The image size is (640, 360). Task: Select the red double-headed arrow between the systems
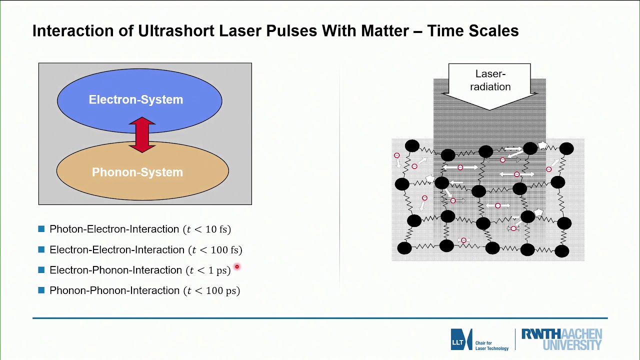(x=142, y=134)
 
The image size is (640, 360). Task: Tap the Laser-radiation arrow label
(x=489, y=81)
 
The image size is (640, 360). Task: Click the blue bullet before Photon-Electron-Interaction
(x=41, y=229)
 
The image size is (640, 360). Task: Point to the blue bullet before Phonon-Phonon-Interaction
(x=41, y=290)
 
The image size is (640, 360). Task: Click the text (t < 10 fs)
(x=207, y=229)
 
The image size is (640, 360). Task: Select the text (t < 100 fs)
(x=215, y=250)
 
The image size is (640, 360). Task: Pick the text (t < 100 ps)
(x=212, y=291)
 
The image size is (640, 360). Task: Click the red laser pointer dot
(x=237, y=267)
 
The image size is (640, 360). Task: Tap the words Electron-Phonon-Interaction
(x=115, y=270)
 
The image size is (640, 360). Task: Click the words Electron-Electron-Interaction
(x=117, y=250)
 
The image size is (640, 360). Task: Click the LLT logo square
(x=461, y=339)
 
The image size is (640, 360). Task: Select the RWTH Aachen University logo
(x=561, y=339)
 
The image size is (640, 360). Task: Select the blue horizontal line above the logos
(x=320, y=318)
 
